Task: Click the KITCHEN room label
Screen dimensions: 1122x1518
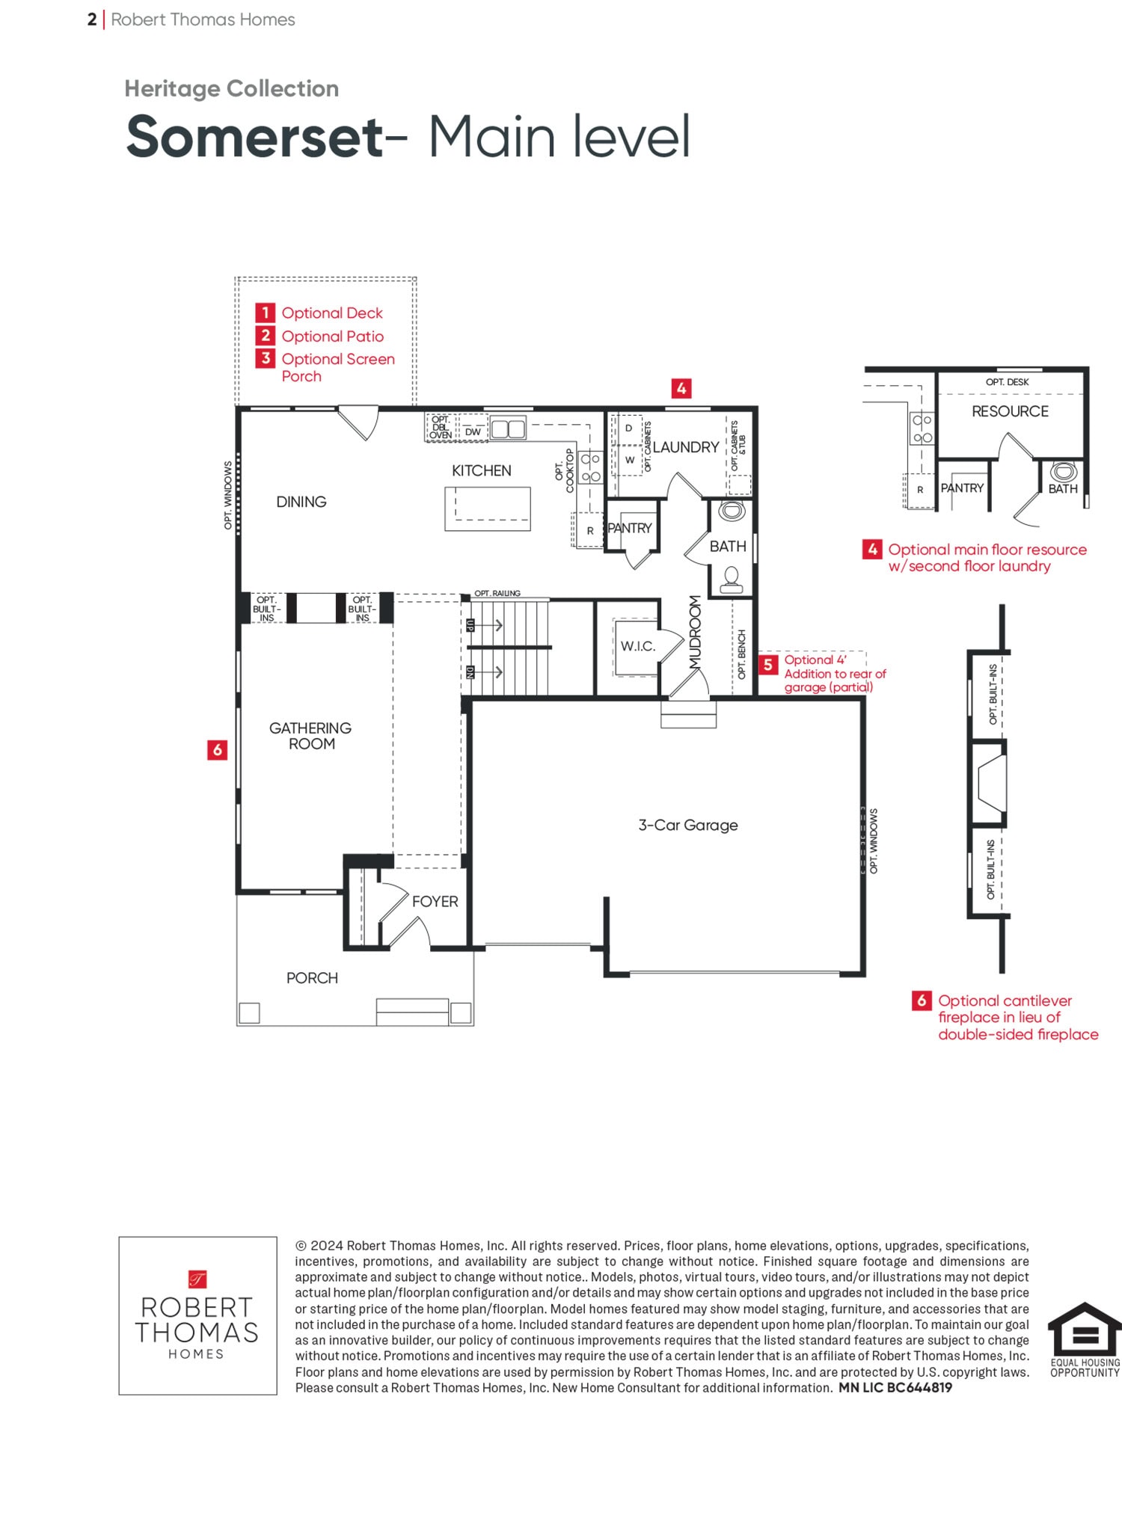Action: click(x=481, y=470)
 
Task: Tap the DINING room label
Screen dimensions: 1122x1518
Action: click(x=301, y=502)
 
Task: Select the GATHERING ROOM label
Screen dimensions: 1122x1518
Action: click(x=310, y=736)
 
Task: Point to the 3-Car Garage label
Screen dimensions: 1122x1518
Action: click(x=688, y=825)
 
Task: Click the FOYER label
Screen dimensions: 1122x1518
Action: click(x=435, y=902)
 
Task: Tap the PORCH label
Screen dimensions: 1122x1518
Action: click(x=312, y=978)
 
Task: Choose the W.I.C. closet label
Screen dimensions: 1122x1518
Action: click(x=637, y=646)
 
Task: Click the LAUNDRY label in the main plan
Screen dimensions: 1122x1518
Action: click(x=686, y=447)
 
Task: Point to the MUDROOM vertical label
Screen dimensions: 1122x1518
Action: click(x=696, y=632)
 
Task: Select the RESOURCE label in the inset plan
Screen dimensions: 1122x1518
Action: click(x=1010, y=411)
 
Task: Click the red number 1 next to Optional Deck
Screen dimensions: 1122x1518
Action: click(x=265, y=313)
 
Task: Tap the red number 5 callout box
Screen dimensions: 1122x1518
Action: click(x=768, y=665)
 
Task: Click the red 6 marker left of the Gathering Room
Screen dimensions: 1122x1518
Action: click(x=217, y=749)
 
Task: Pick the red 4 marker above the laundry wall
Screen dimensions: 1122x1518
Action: click(x=681, y=388)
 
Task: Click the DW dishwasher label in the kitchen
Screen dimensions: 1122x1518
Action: click(x=473, y=432)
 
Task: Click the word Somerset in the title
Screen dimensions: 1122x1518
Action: click(x=254, y=137)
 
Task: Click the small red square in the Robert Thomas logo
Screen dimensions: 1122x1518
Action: click(x=197, y=1279)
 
